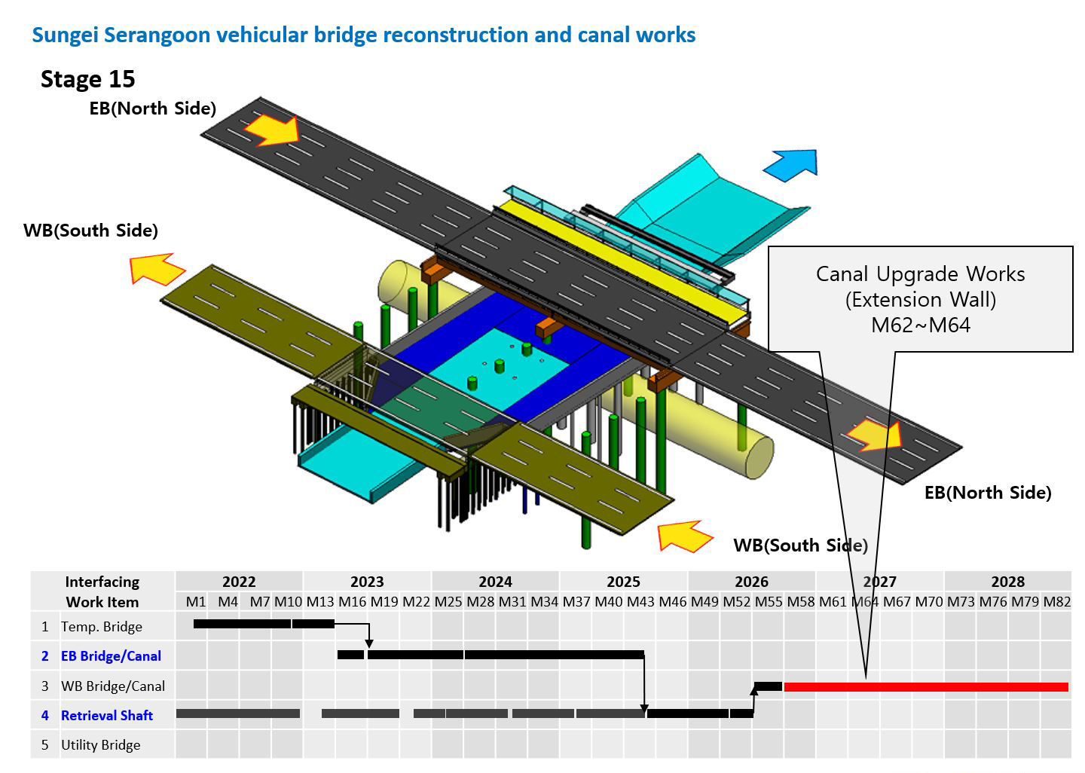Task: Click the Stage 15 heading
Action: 87,79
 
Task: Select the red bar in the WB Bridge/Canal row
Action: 925,687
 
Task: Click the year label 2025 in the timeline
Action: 623,581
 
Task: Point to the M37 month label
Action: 576,601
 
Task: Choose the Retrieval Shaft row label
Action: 107,716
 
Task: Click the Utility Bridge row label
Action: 101,745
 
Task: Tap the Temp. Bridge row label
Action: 102,627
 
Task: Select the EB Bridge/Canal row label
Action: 111,655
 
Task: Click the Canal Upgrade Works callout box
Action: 920,299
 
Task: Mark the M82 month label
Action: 1056,601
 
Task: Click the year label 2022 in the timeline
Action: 239,581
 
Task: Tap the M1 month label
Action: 196,601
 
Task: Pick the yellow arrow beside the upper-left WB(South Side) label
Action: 157,269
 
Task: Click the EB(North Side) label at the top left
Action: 152,108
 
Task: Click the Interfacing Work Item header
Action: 102,591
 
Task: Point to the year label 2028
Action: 1008,581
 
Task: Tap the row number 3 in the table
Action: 45,686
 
